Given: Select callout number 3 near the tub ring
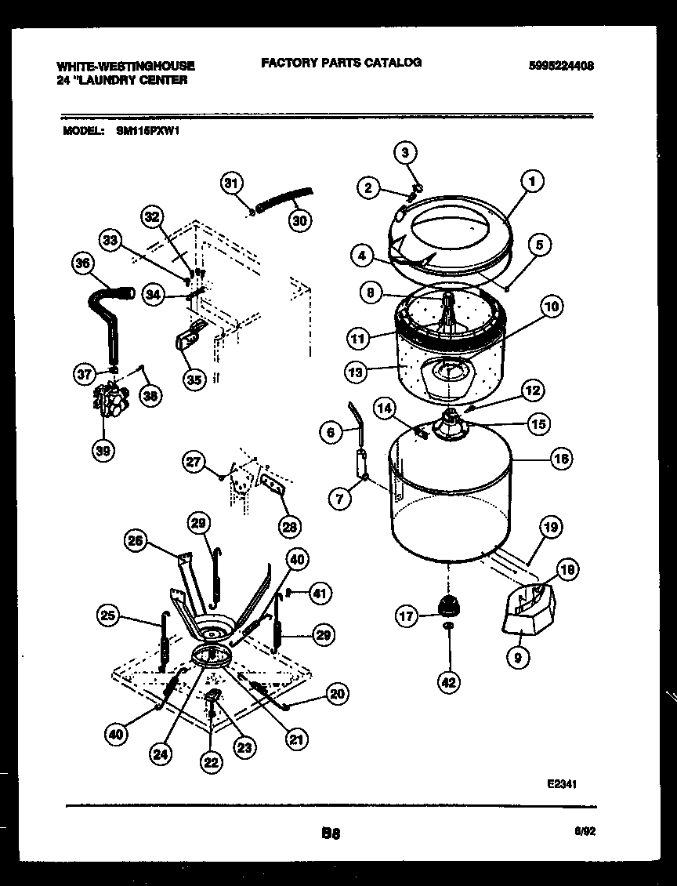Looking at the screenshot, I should (405, 152).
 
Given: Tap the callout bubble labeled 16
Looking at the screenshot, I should (561, 459).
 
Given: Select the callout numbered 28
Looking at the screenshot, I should (289, 526).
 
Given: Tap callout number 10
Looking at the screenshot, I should (551, 307).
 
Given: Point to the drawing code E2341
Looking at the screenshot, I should (563, 783).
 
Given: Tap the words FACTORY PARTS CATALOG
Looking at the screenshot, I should (341, 63).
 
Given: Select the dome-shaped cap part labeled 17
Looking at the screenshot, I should (448, 605).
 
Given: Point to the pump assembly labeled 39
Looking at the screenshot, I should (110, 401).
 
